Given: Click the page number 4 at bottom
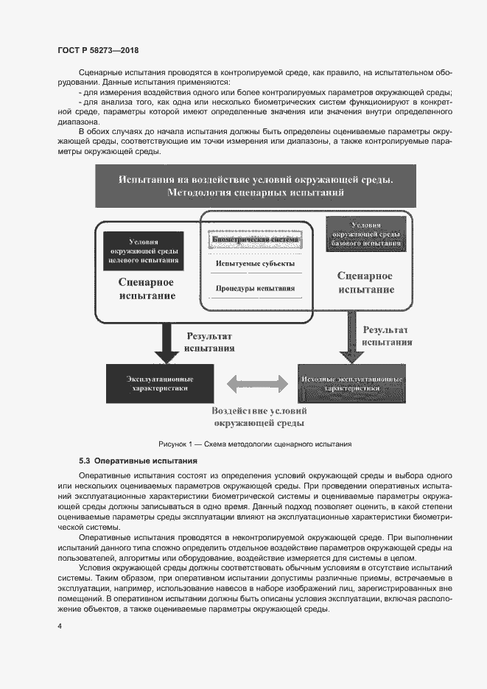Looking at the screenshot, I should [x=60, y=626].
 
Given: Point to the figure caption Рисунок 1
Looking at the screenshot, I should [x=255, y=444].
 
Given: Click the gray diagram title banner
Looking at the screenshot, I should [x=256, y=186].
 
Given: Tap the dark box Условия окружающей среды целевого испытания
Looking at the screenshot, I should [x=143, y=251].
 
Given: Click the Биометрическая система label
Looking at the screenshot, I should [x=255, y=240].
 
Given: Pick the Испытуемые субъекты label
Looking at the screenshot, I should [x=255, y=264].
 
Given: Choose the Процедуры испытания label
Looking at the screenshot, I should [x=255, y=288].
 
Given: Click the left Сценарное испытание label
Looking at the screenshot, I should [x=147, y=289].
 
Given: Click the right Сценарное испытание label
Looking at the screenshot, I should [x=365, y=282].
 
